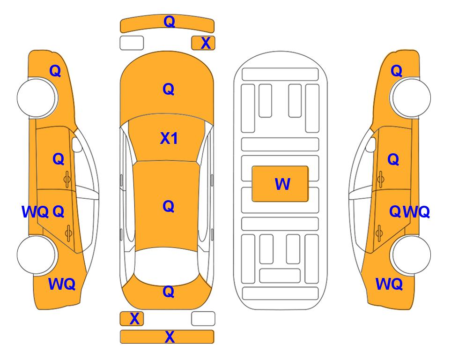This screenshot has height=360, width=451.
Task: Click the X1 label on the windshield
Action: pyautogui.click(x=169, y=138)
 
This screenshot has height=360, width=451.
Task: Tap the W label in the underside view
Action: pyautogui.click(x=282, y=184)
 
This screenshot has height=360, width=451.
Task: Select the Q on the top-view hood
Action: pyautogui.click(x=169, y=89)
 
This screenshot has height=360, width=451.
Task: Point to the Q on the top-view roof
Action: pyautogui.click(x=169, y=206)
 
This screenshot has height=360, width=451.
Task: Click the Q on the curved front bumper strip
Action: pyautogui.click(x=170, y=22)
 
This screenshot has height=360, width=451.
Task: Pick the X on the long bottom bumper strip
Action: pyautogui.click(x=170, y=337)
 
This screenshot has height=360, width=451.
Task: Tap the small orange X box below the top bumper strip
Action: pyautogui.click(x=203, y=43)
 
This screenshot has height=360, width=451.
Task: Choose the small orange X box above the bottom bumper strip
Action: pyautogui.click(x=132, y=319)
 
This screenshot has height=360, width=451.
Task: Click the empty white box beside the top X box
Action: pyautogui.click(x=132, y=43)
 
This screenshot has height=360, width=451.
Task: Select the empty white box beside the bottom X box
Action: pyautogui.click(x=203, y=319)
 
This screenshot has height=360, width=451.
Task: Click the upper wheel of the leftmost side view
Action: pyautogui.click(x=37, y=97)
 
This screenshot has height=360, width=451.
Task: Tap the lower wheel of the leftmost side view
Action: pyautogui.click(x=37, y=255)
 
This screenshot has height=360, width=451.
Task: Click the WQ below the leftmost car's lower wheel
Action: pyautogui.click(x=62, y=284)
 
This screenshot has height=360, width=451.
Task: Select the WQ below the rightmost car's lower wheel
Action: pyautogui.click(x=389, y=284)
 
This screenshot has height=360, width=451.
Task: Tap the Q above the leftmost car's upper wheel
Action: pyautogui.click(x=55, y=71)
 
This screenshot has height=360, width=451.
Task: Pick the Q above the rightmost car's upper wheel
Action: pyautogui.click(x=396, y=71)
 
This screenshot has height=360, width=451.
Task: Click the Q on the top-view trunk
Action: pyautogui.click(x=169, y=292)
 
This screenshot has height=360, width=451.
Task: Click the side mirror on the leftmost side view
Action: pyautogui.click(x=77, y=144)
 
